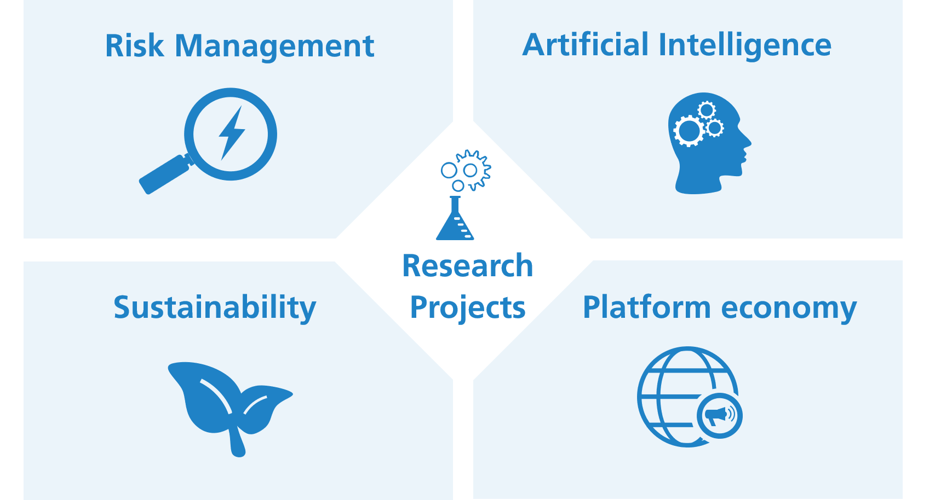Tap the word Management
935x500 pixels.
pos(274,47)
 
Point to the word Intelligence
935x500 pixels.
pos(745,46)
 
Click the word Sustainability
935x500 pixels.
pos(215,308)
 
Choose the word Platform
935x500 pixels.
pos(646,307)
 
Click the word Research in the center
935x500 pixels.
pos(468,266)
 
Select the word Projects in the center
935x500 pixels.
pos(468,309)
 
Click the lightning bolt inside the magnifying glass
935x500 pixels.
pos(232,132)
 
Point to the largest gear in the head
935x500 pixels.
pos(689,131)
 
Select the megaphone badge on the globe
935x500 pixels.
pos(720,415)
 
